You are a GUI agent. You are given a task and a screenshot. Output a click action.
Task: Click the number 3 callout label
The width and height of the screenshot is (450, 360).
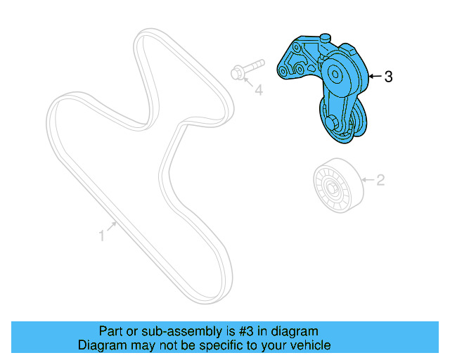[x=388, y=77]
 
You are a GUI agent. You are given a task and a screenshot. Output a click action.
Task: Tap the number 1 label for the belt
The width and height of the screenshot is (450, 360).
[x=101, y=236]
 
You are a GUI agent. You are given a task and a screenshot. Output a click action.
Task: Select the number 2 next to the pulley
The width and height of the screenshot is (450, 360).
[x=380, y=180]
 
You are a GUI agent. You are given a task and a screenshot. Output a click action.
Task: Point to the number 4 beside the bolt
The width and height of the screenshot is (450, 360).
[x=258, y=90]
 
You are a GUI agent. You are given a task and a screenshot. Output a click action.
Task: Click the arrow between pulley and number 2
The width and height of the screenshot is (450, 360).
[x=366, y=181]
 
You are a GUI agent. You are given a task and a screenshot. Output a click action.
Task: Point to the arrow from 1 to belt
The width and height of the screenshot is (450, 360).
[x=111, y=228]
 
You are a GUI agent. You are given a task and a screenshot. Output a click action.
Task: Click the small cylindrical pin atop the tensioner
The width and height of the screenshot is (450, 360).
[x=324, y=38]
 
